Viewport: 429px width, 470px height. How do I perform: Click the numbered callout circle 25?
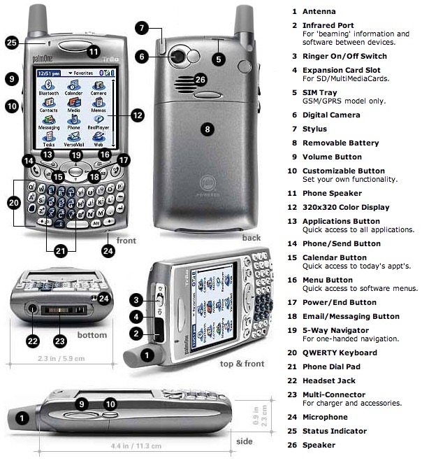pos(12,43)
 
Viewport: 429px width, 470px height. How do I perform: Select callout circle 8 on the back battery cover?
pos(205,128)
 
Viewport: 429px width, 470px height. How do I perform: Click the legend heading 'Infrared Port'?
pos(327,25)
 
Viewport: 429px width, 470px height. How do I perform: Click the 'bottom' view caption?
pos(92,335)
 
